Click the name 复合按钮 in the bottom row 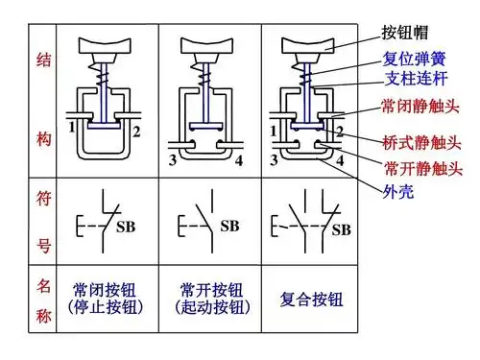click(304, 298)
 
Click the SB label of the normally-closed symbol click(125, 228)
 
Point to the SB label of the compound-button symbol click(341, 229)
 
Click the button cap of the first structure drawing click(107, 43)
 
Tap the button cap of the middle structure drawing click(209, 43)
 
